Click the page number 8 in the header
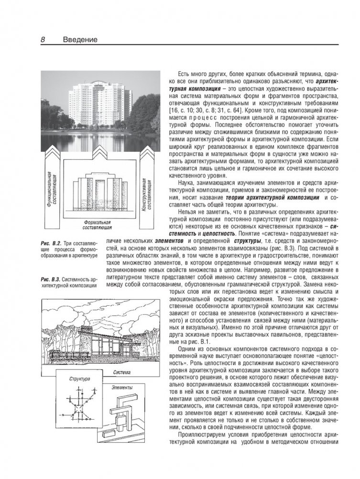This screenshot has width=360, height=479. [x=43, y=40]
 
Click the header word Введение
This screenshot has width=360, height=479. [x=80, y=40]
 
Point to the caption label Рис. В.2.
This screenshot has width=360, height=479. [x=51, y=244]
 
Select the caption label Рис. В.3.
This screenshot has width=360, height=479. [x=51, y=278]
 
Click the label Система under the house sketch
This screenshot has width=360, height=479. [x=123, y=371]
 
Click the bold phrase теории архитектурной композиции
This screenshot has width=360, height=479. [x=266, y=197]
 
